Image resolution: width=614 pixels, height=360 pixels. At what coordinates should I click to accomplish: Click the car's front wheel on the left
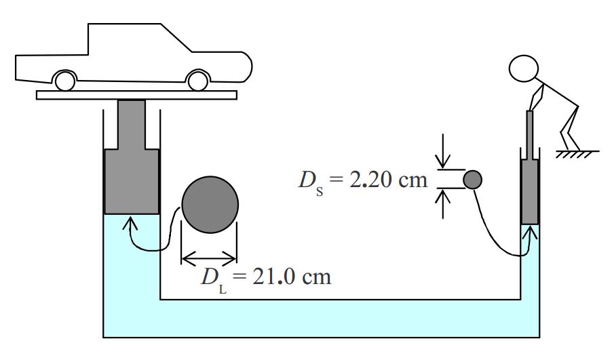65,81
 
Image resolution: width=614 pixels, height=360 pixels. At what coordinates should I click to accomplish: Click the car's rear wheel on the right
198,81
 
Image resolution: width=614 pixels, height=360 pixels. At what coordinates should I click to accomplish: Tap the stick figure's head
527,68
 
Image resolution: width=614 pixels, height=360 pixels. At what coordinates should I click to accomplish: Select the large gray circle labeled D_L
210,205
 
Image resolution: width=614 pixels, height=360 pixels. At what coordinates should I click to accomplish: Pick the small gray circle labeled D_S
472,180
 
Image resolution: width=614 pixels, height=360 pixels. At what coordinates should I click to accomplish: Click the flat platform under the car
136,95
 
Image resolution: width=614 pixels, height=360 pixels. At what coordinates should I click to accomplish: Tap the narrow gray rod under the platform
131,124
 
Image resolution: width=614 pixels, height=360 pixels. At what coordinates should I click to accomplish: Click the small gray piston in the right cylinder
530,192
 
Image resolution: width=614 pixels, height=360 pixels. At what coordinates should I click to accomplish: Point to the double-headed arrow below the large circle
210,257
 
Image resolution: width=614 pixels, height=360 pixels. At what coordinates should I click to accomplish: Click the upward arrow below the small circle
442,203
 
